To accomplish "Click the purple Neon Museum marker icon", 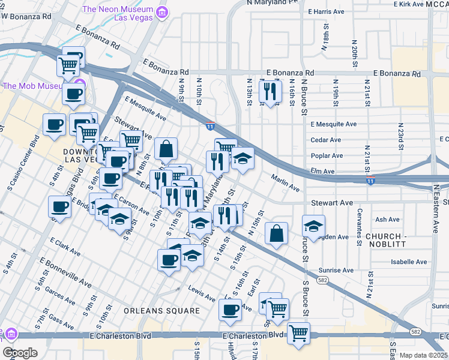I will (x=161, y=11).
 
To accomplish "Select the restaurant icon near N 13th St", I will (x=270, y=92).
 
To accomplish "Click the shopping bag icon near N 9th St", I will (x=166, y=148).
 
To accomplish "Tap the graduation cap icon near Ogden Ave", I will (x=313, y=226).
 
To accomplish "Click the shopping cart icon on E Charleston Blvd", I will (x=298, y=332).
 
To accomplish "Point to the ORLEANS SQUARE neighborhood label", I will (x=161, y=311).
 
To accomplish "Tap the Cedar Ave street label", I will (x=326, y=140).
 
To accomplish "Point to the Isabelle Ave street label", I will (x=409, y=262).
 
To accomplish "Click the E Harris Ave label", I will (x=327, y=11).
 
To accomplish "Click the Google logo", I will (x=19, y=353).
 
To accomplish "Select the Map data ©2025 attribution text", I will (x=423, y=355).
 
